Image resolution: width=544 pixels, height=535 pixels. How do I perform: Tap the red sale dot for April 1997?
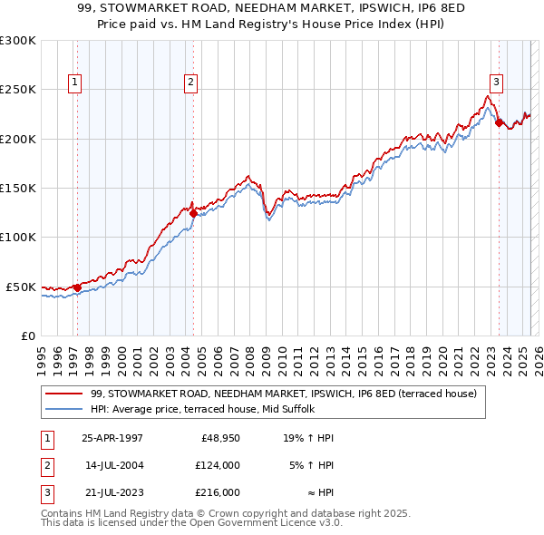[77, 288]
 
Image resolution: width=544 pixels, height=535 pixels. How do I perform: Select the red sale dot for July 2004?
[193, 214]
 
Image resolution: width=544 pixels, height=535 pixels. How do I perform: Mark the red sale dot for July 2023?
[499, 123]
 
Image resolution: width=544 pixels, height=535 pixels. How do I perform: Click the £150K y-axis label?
[18, 189]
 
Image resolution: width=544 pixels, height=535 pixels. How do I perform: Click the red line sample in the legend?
[65, 394]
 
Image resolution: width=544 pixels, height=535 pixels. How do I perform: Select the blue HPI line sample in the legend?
[65, 409]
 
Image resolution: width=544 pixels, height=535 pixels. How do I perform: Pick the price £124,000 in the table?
[217, 465]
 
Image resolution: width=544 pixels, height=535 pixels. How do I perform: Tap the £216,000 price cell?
[217, 492]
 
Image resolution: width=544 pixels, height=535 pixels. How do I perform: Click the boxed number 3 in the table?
[44, 492]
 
